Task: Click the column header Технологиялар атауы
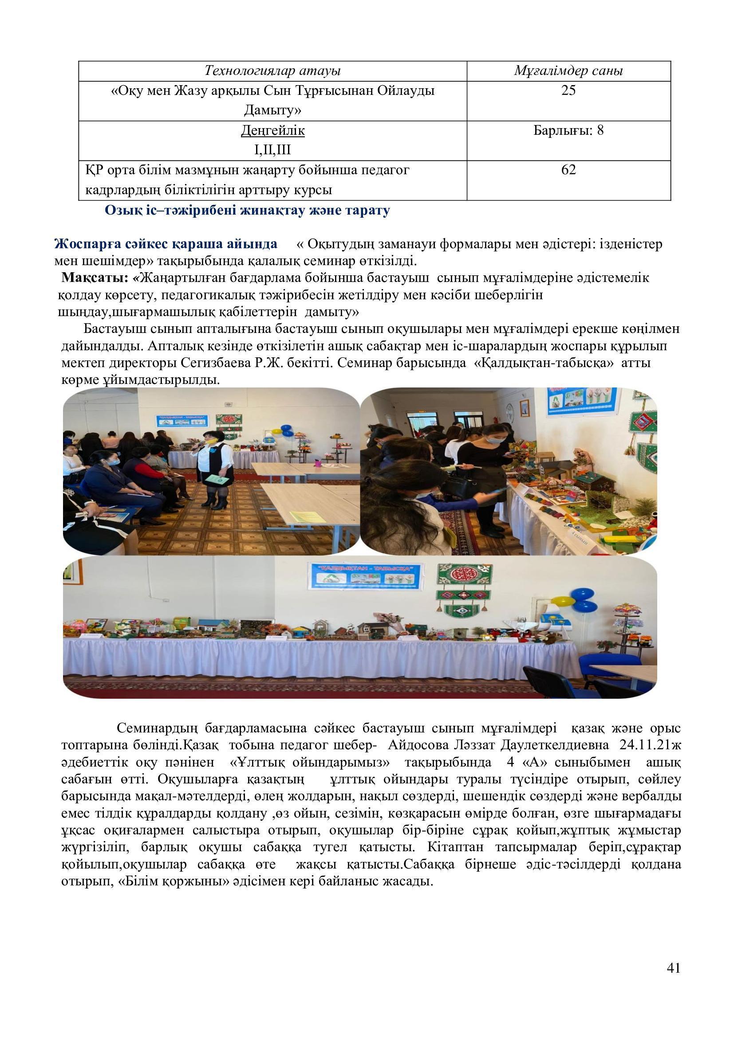click(272, 71)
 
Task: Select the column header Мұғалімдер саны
click(568, 71)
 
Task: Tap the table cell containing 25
click(568, 91)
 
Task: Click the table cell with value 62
click(568, 170)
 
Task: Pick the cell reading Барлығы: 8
click(568, 130)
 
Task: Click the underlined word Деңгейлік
click(272, 130)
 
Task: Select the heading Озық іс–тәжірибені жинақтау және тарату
click(247, 211)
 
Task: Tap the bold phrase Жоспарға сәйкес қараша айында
click(166, 244)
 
